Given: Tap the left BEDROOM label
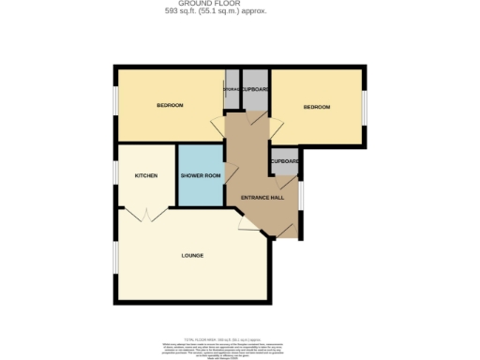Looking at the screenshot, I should (x=169, y=105).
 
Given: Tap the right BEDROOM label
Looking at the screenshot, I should (x=317, y=107).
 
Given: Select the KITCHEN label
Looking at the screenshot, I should (x=145, y=175).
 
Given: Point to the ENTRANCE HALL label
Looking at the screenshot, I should (x=262, y=197).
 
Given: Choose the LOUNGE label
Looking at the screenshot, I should (x=192, y=255).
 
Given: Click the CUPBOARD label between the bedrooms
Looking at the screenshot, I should (x=256, y=89).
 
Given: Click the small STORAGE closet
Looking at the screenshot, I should (x=232, y=91).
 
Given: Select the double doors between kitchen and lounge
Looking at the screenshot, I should (x=145, y=215).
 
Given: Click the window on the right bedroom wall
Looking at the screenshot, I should (x=363, y=107).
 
